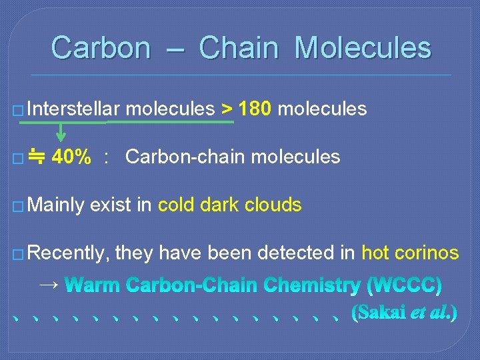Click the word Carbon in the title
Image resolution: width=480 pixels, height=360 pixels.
pos(101,48)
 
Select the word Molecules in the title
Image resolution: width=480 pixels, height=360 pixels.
pos(363,48)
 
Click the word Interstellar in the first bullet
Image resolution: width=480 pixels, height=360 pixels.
pos(73,109)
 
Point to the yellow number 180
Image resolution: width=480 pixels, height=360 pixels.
pos(255,109)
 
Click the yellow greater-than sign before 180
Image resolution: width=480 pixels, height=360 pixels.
pos(227,109)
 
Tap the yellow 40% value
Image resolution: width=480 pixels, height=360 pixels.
pos(71,157)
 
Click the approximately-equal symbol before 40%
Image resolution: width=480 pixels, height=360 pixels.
pos(38,157)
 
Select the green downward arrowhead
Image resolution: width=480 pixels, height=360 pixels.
pos(61,139)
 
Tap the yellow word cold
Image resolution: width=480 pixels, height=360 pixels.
pos(177,205)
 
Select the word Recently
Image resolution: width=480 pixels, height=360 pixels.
pos(69,253)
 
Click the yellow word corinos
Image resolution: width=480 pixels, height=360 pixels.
pos(427,253)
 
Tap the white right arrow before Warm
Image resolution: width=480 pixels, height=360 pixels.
pos(49,285)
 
